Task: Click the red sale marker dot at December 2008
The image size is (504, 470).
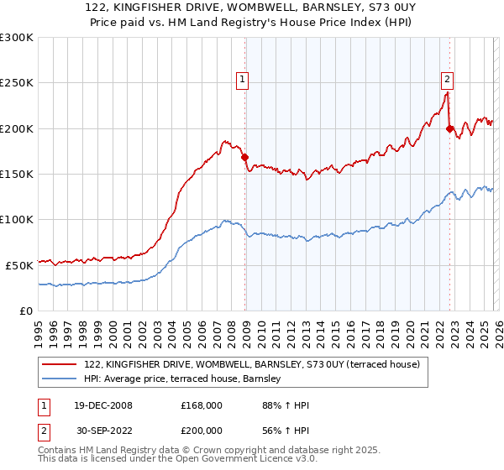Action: (x=244, y=157)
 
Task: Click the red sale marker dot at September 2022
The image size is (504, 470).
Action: (x=449, y=128)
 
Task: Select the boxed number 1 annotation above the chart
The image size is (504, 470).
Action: (x=242, y=80)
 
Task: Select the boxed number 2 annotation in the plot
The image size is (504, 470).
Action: (x=447, y=80)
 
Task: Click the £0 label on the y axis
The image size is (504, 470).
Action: (x=25, y=310)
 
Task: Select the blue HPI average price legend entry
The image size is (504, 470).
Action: (x=186, y=380)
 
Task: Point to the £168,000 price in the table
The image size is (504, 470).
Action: (x=202, y=405)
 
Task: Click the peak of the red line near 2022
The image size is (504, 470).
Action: (x=446, y=93)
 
